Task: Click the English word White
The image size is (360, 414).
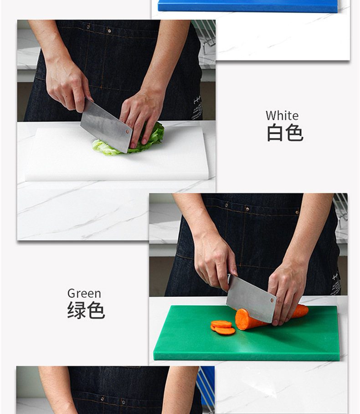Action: pyautogui.click(x=282, y=115)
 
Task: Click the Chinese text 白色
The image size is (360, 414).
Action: pyautogui.click(x=284, y=133)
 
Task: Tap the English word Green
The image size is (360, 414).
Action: pyautogui.click(x=84, y=293)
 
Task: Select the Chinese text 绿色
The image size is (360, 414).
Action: pyautogui.click(x=86, y=310)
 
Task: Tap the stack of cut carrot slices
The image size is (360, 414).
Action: pyautogui.click(x=222, y=327)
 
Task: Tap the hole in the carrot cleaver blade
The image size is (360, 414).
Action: pyautogui.click(x=272, y=300)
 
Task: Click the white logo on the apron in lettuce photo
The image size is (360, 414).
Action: pyautogui.click(x=197, y=107)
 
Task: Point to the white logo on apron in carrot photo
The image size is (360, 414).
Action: pyautogui.click(x=336, y=283)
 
